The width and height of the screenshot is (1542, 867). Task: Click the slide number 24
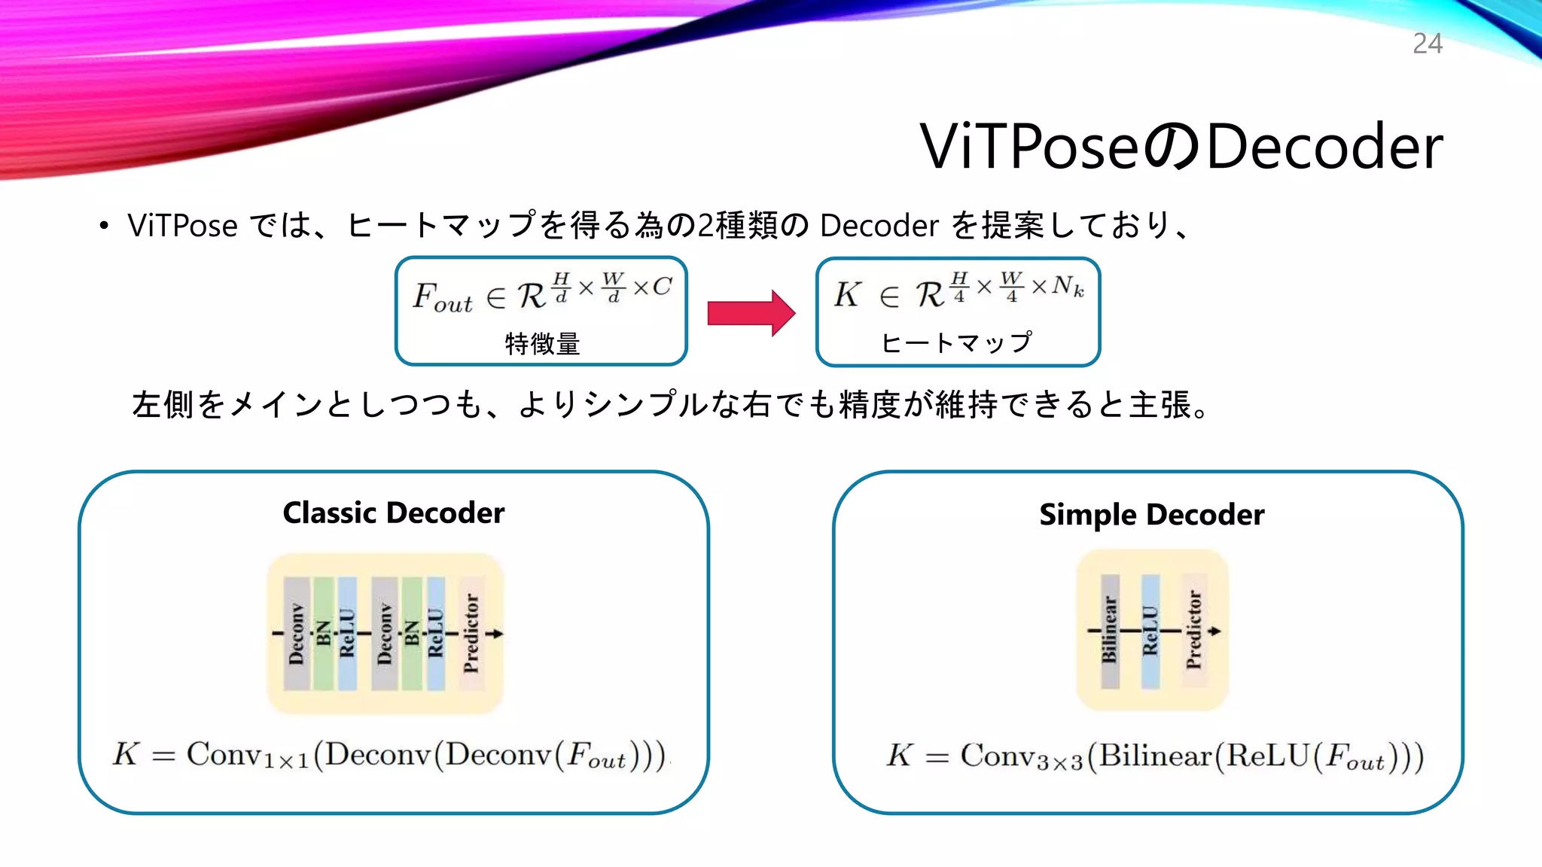click(x=1427, y=44)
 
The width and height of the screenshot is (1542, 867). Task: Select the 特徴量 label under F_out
click(x=542, y=344)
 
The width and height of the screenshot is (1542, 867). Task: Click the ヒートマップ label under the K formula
click(x=956, y=343)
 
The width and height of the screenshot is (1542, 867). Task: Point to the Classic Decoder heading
click(x=393, y=513)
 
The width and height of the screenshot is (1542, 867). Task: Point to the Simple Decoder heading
click(x=1151, y=515)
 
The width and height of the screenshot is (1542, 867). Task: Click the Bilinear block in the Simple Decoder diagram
click(x=1110, y=631)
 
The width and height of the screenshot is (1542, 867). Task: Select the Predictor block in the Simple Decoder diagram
click(x=1194, y=631)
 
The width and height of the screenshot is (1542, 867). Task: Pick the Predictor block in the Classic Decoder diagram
click(x=471, y=633)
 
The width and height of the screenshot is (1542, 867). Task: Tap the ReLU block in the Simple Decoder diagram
click(x=1150, y=631)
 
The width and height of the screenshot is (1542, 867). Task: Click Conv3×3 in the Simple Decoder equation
click(x=1021, y=756)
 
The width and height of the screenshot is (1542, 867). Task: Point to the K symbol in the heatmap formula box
click(x=847, y=294)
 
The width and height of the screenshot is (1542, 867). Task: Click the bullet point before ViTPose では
click(x=104, y=226)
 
